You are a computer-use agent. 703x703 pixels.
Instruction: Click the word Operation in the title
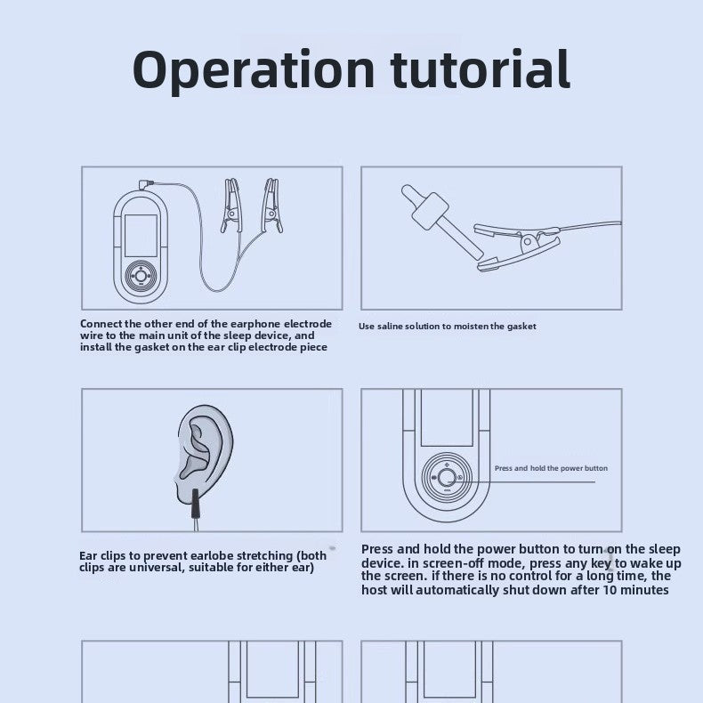pos(254,70)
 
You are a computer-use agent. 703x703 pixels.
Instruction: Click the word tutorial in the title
pos(481,69)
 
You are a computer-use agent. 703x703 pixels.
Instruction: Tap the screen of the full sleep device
pos(141,236)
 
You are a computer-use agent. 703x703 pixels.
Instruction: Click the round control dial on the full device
pos(141,276)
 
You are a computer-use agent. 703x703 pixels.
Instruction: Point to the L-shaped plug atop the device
pos(145,184)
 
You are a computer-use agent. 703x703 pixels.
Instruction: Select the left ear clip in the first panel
pos(231,206)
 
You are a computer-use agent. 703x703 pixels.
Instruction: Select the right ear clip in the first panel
pos(272,206)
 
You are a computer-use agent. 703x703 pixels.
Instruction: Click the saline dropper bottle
pos(441,222)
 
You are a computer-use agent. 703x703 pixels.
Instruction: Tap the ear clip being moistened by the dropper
pos(519,247)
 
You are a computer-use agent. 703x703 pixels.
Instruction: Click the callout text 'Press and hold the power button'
pos(551,468)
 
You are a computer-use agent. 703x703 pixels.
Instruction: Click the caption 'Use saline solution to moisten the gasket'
pos(447,327)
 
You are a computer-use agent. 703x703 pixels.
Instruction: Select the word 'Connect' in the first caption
pos(101,324)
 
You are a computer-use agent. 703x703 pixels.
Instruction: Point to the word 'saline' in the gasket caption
pos(390,327)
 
